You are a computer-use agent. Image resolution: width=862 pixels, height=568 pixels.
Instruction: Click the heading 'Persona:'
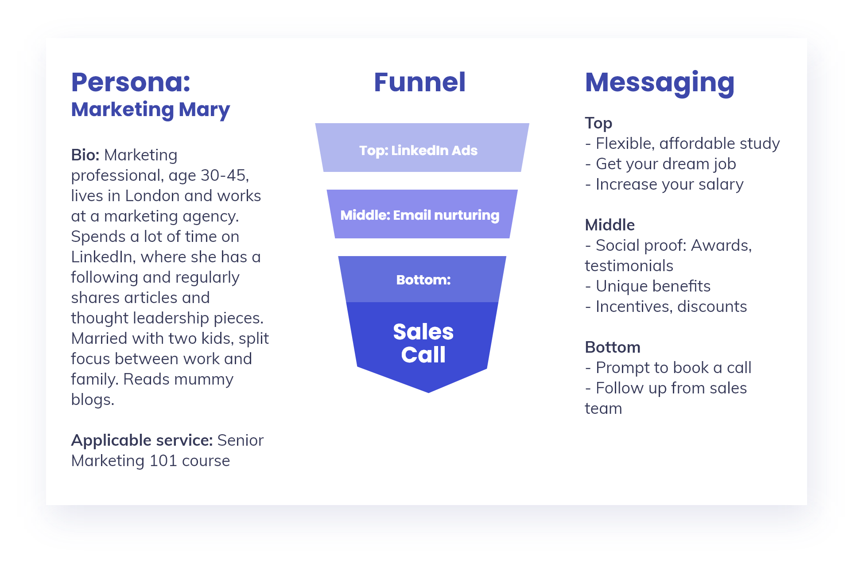coord(131,82)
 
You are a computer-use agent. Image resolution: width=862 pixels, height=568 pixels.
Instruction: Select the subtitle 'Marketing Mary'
coord(151,110)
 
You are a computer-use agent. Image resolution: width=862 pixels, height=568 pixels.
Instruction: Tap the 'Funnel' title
coord(419,82)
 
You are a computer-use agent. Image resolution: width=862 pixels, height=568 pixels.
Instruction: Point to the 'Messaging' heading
coord(660,84)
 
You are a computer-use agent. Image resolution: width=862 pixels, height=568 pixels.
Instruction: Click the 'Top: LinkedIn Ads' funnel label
coord(418,151)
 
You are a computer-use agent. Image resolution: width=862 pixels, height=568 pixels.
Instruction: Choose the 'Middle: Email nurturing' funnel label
coord(419,215)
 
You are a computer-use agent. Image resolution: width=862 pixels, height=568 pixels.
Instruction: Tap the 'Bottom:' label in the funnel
coord(423,280)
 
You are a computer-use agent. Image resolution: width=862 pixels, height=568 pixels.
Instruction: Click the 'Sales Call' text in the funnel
coord(423,343)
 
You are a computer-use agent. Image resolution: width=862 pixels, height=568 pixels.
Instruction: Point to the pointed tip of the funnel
coord(428,392)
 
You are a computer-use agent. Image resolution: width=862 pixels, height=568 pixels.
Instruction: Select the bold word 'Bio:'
coord(85,155)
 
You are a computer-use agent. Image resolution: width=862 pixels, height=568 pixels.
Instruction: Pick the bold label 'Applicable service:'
coord(142,441)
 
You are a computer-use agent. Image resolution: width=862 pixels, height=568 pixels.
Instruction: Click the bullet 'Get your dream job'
coord(660,164)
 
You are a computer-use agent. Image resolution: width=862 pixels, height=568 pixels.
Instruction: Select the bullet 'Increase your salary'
coord(664,185)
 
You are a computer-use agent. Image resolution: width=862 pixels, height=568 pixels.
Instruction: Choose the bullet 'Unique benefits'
coord(648,286)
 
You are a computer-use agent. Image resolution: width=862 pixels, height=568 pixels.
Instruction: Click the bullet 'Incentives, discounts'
coord(666,307)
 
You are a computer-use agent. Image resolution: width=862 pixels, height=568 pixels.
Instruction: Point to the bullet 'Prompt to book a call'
coord(668,368)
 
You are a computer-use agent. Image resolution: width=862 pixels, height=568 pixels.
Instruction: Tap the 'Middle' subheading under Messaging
coord(610,225)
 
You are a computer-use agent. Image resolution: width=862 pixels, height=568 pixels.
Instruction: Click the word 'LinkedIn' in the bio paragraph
coord(101,257)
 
